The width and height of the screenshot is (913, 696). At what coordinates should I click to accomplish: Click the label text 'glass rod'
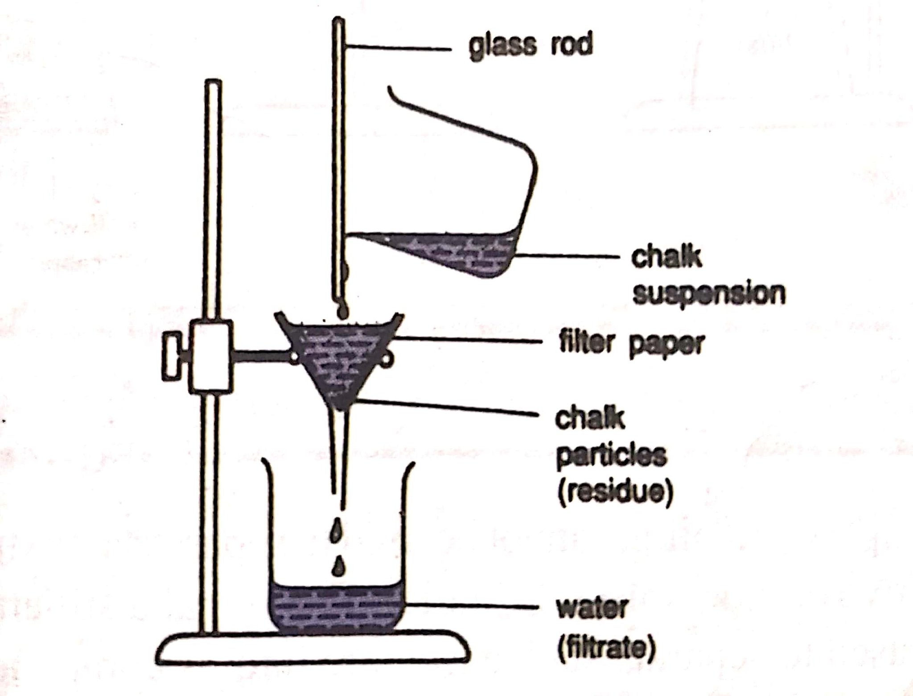[530, 46]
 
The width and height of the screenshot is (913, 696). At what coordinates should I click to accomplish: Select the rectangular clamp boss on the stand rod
[211, 357]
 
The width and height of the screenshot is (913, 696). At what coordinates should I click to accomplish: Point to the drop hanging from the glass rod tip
[342, 311]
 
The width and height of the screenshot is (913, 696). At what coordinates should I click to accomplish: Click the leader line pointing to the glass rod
[398, 47]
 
